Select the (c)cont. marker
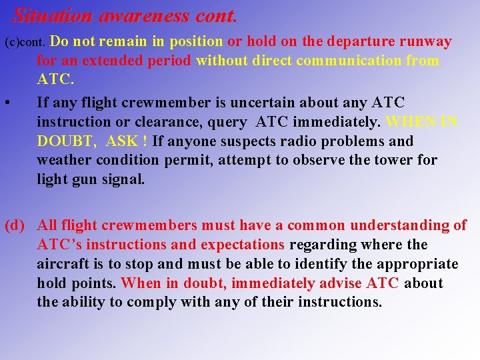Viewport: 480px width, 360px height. pyautogui.click(x=25, y=43)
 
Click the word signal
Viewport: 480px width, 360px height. pyautogui.click(x=123, y=179)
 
